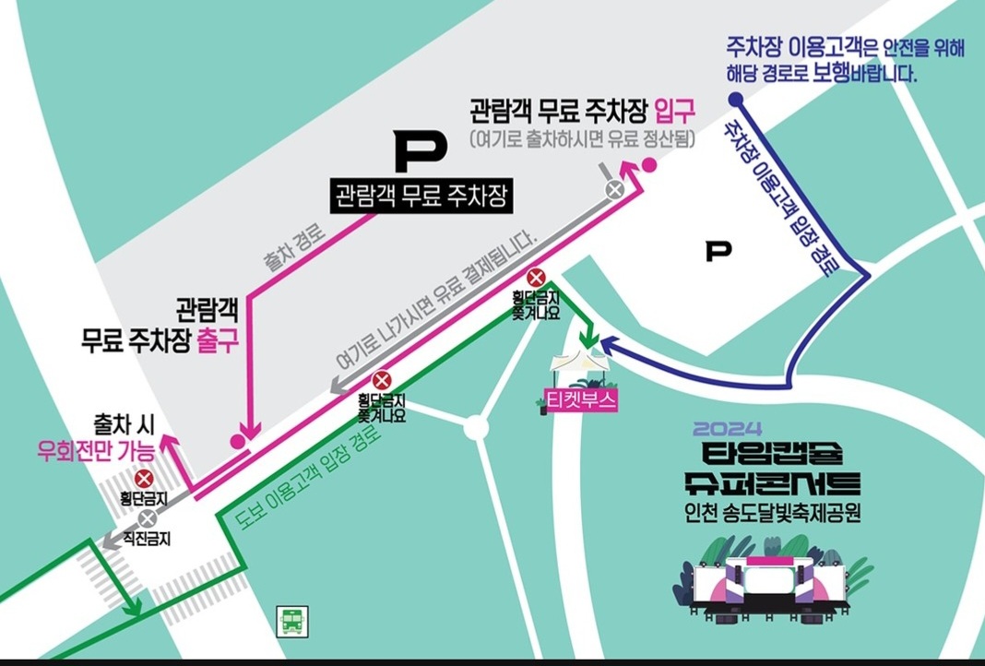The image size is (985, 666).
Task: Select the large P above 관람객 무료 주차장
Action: pyautogui.click(x=421, y=153)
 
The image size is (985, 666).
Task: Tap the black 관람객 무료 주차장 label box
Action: pyautogui.click(x=422, y=196)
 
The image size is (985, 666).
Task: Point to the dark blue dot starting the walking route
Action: pyautogui.click(x=735, y=100)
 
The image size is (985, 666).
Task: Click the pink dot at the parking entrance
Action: pyautogui.click(x=649, y=165)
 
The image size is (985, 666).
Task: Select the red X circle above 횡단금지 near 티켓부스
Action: pyautogui.click(x=536, y=278)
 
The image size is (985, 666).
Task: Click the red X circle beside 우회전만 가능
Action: pyautogui.click(x=144, y=478)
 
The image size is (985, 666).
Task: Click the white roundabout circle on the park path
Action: pyautogui.click(x=475, y=427)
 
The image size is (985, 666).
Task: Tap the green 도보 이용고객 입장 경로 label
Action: pyautogui.click(x=310, y=478)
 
